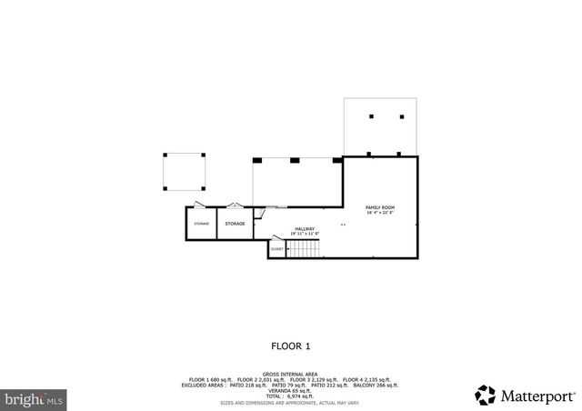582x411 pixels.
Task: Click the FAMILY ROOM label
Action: [380, 208]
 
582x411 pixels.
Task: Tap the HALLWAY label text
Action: [304, 229]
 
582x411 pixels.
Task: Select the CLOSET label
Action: [276, 249]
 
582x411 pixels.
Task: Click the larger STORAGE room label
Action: [235, 223]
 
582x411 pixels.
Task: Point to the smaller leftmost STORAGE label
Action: [201, 223]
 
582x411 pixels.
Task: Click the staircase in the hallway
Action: [301, 247]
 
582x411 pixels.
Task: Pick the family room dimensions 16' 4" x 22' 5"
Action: [380, 214]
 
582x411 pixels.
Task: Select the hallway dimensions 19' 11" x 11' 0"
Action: [304, 235]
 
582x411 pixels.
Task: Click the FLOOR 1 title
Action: [291, 346]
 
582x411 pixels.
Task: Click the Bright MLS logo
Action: [34, 398]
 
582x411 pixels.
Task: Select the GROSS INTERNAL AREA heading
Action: [290, 374]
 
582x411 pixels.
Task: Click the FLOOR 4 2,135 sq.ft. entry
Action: [367, 379]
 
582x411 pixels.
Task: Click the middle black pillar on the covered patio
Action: [294, 160]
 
